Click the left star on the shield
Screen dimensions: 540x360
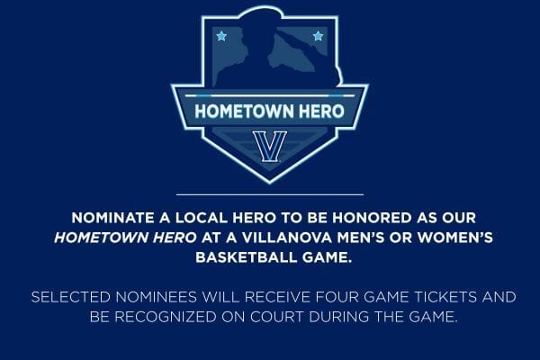tap(221, 36)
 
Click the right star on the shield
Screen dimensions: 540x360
tap(319, 36)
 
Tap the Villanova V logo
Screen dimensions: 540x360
tap(270, 147)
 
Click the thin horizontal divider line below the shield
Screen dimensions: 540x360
tap(270, 195)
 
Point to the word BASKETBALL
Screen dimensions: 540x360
tap(247, 257)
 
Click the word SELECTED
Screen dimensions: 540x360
tap(70, 297)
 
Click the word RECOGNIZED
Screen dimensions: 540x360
tap(166, 317)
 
